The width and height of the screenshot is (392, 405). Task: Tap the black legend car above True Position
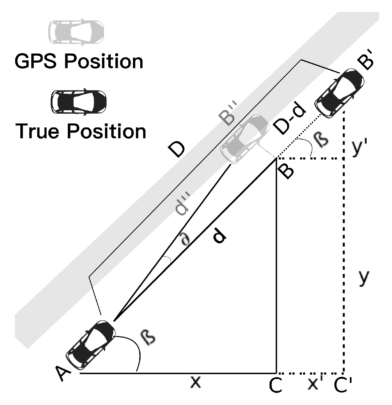tap(78, 101)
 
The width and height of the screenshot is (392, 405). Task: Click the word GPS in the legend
tap(38, 61)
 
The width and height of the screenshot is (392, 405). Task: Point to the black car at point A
tap(91, 345)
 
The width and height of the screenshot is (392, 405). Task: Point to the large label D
tap(178, 150)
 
